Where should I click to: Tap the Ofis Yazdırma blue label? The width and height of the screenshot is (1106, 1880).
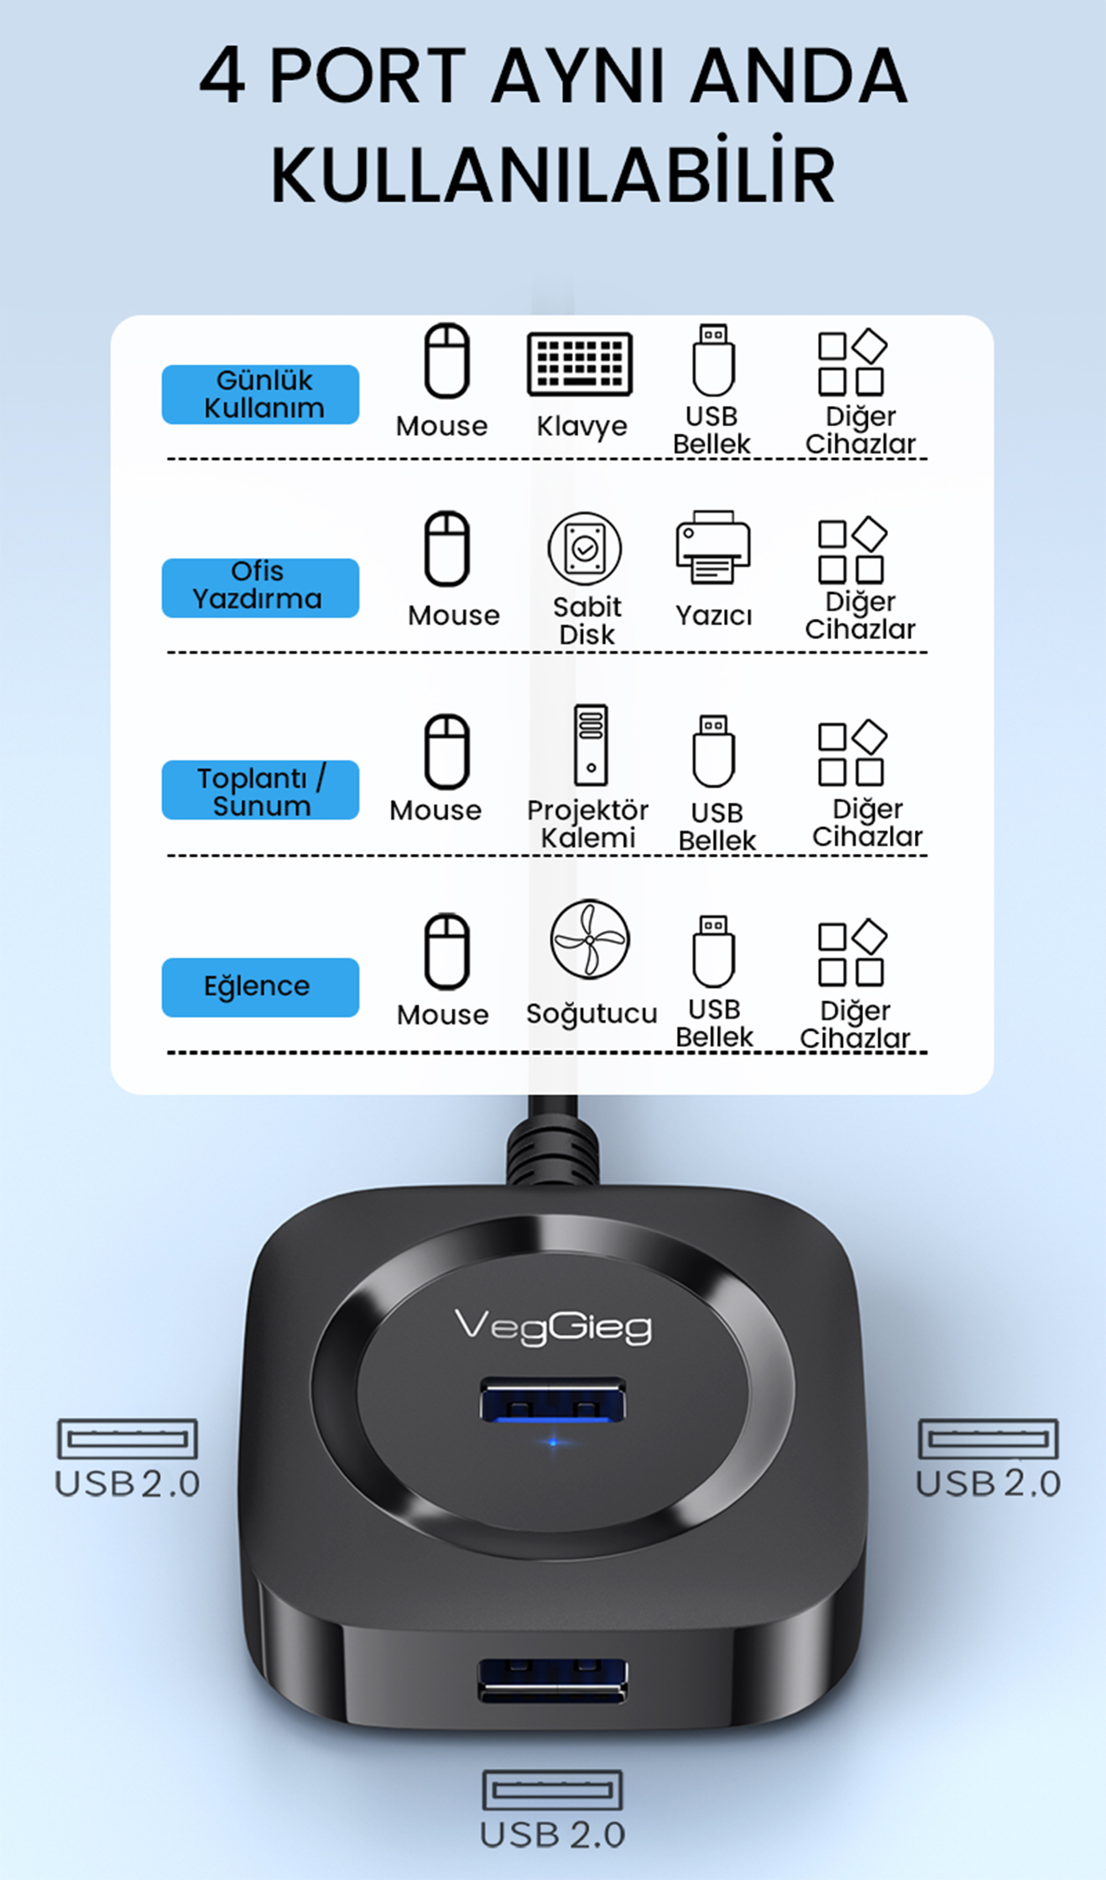click(260, 587)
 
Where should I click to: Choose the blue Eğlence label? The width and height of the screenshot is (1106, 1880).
click(260, 987)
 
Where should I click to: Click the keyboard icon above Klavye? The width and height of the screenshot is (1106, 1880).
click(580, 363)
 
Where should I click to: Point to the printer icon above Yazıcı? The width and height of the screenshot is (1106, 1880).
click(713, 547)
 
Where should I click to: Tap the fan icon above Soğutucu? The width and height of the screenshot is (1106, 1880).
click(589, 938)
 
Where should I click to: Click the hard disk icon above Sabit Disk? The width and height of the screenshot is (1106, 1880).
click(585, 549)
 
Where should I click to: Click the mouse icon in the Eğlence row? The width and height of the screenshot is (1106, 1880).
click(447, 951)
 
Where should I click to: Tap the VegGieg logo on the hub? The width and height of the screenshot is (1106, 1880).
click(553, 1327)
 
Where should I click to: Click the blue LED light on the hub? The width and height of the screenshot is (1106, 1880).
click(553, 1442)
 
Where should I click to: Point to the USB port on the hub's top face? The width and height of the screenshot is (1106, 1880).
click(553, 1399)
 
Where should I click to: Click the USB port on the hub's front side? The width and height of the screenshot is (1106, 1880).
click(553, 1681)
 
